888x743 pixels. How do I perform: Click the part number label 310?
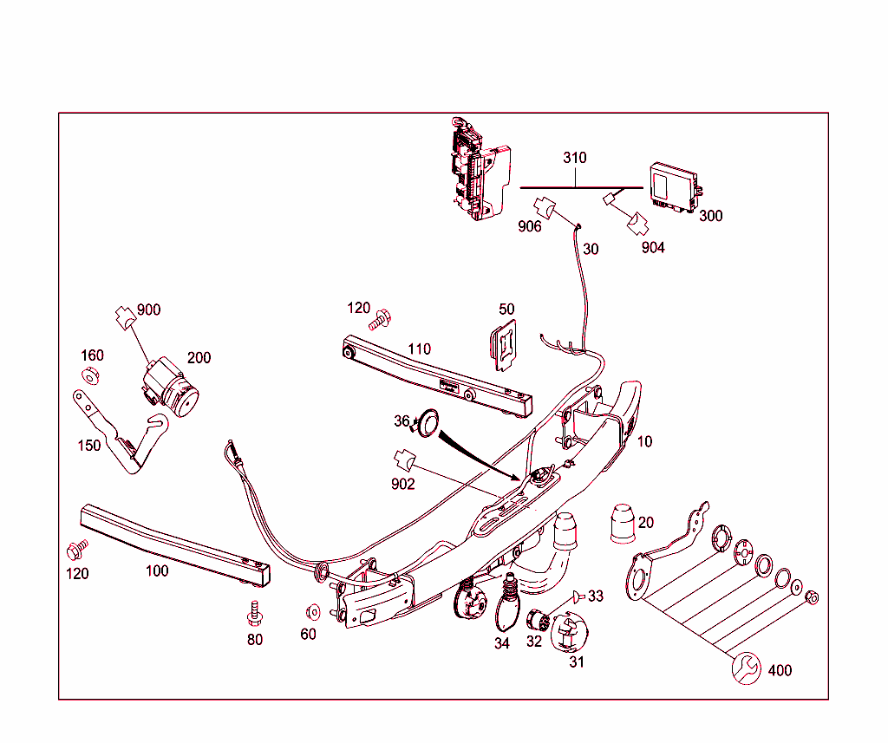pyautogui.click(x=574, y=158)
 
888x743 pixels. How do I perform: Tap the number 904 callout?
pyautogui.click(x=653, y=247)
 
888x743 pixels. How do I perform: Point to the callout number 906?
pyautogui.click(x=529, y=226)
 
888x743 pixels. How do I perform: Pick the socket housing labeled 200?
pyautogui.click(x=170, y=388)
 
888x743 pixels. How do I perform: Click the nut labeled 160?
pyautogui.click(x=89, y=375)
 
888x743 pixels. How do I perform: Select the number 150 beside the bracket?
pyautogui.click(x=88, y=446)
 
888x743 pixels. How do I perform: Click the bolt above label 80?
pyautogui.click(x=253, y=611)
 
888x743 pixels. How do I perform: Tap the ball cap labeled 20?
pyautogui.click(x=623, y=524)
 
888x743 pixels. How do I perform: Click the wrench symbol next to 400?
pyautogui.click(x=747, y=668)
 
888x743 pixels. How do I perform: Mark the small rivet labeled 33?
pyautogui.click(x=577, y=597)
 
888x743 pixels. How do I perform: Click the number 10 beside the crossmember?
pyautogui.click(x=644, y=441)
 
